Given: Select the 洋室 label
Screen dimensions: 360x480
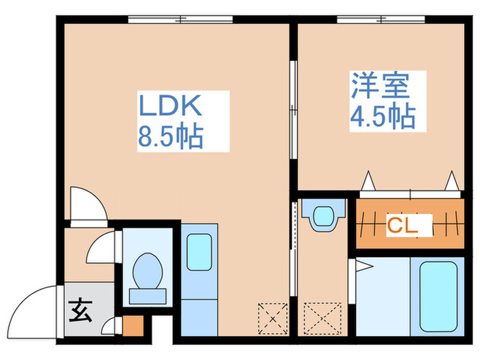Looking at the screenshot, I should [x=381, y=87].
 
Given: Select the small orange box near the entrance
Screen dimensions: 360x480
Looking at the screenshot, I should [x=133, y=325].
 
